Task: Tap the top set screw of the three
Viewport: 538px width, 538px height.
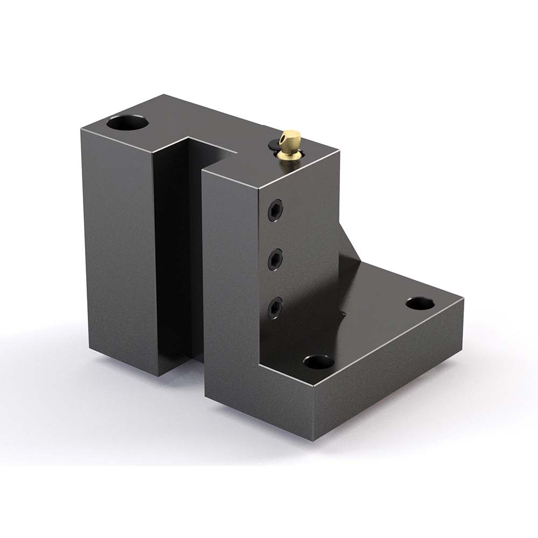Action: click(x=275, y=211)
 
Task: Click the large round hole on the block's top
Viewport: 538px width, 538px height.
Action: click(x=128, y=122)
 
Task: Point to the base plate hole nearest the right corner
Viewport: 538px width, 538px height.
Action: click(x=420, y=303)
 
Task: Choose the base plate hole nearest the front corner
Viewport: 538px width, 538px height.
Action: click(x=318, y=361)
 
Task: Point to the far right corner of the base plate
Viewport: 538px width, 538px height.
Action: click(x=463, y=297)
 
